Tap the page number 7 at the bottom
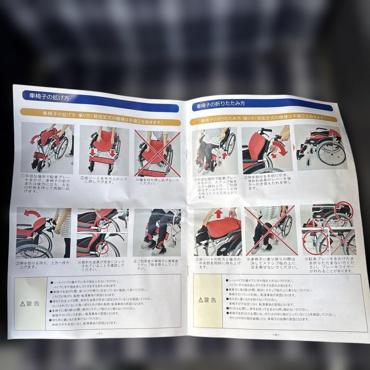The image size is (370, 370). (x=100, y=333)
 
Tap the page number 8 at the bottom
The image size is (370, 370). (x=276, y=334)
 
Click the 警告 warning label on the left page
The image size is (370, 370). (x=30, y=303)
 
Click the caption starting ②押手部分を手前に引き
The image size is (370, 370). (x=267, y=183)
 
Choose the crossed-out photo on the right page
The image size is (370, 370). (x=270, y=231)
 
